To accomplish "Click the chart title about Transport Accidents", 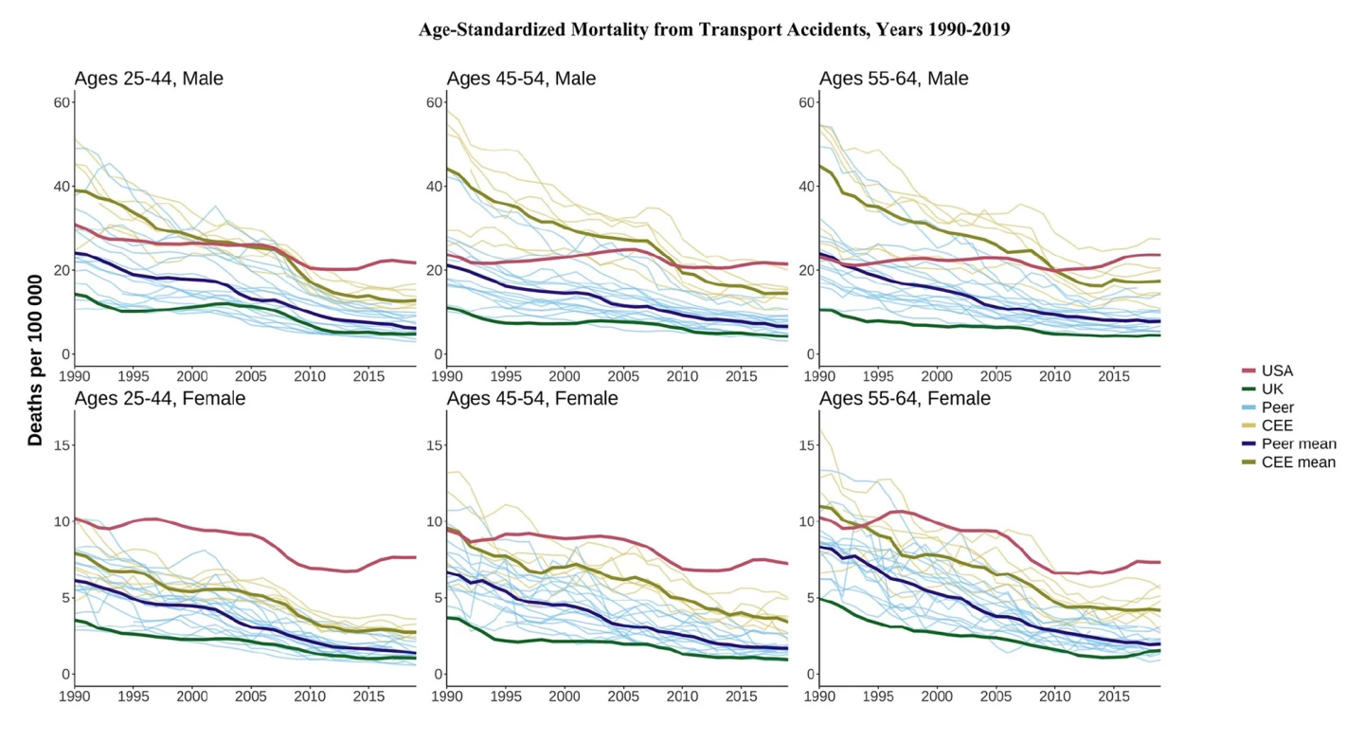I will [x=714, y=29].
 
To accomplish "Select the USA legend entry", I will [x=1277, y=371].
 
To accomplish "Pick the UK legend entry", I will [x=1273, y=389].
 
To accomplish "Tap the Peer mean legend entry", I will [x=1299, y=443].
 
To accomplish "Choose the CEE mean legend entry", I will [x=1298, y=462].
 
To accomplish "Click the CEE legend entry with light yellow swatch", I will [x=1277, y=425].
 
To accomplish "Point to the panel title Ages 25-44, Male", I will [x=149, y=79].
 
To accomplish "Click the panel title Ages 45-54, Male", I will [x=521, y=79].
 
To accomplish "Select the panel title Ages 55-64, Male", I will [x=893, y=79].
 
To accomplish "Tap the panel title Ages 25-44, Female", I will [x=159, y=398].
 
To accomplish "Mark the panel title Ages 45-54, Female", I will [x=532, y=398].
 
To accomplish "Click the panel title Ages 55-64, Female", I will [x=905, y=398].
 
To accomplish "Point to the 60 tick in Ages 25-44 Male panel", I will [x=63, y=102].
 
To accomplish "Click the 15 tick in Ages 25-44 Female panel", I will [x=63, y=444].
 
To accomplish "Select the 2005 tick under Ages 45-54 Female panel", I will [x=623, y=697].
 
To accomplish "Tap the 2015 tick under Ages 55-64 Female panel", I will [x=1112, y=697].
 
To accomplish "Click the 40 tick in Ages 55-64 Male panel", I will [x=807, y=187].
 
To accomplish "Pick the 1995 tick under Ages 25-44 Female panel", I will [x=134, y=697].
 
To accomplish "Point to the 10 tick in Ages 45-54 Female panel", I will [x=435, y=521].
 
